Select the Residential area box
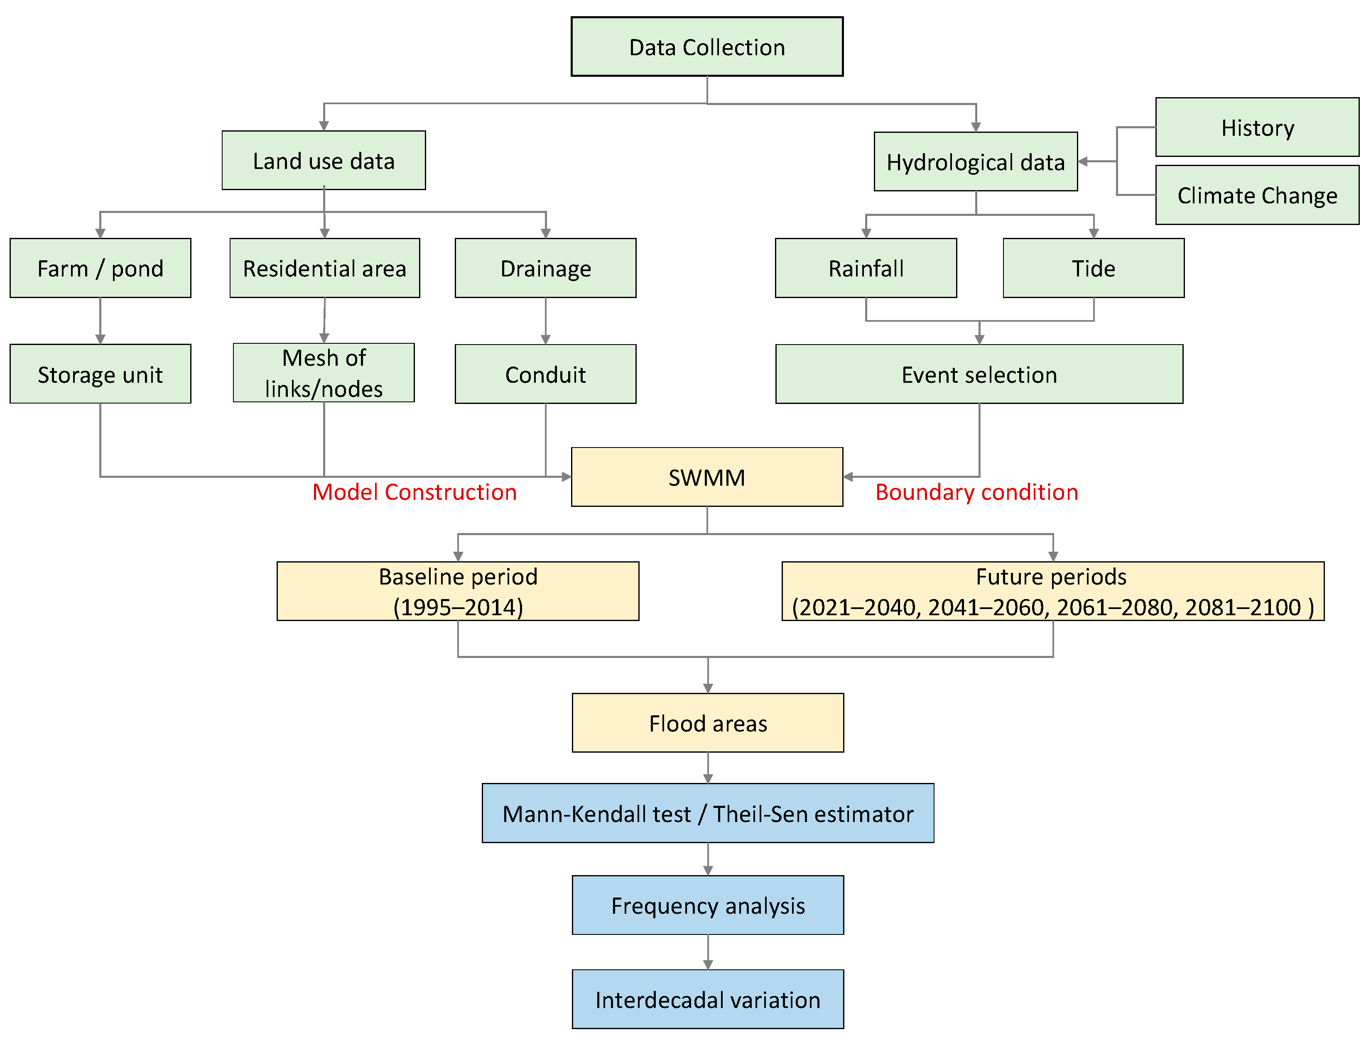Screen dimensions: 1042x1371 tap(324, 269)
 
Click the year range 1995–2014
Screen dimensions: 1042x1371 tap(458, 607)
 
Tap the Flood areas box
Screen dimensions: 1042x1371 tap(707, 723)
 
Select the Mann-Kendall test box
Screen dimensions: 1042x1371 tap(707, 814)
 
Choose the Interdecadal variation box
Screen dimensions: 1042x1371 tap(707, 1000)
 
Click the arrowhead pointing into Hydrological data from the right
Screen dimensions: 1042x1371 tap(1084, 161)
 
